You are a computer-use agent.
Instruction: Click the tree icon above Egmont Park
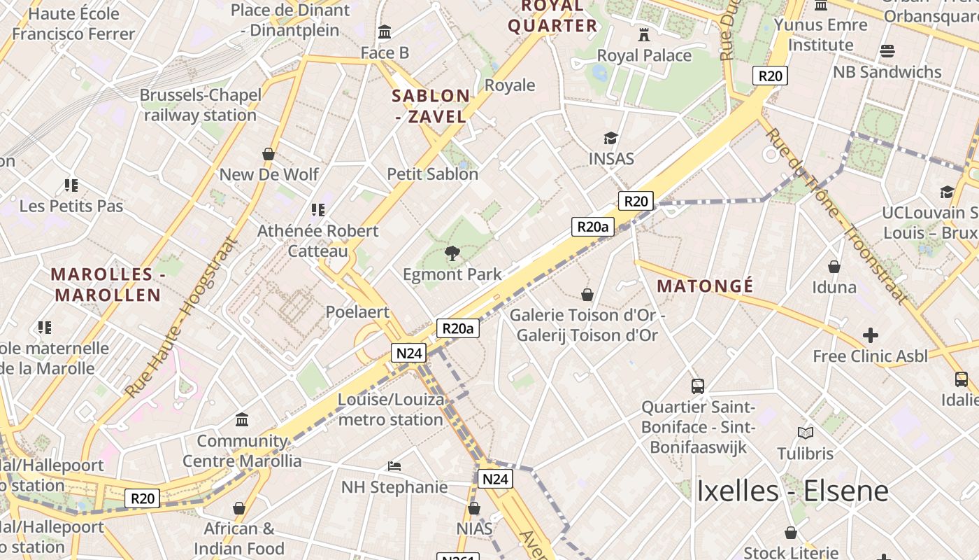(452, 253)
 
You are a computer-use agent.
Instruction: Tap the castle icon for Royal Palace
(644, 34)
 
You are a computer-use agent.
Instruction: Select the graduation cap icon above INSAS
(611, 138)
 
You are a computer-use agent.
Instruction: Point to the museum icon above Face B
(385, 31)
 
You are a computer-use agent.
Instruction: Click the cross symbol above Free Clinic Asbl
(870, 335)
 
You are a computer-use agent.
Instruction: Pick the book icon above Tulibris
(806, 433)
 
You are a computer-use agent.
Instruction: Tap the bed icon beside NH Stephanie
(394, 465)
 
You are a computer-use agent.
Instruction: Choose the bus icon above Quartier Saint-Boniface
(698, 386)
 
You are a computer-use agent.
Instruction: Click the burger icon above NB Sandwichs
(887, 50)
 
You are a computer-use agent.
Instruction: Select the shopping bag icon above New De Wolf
(269, 153)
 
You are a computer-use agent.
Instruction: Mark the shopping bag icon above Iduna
(834, 266)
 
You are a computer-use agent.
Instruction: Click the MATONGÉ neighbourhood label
(705, 286)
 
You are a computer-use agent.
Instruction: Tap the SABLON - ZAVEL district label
(431, 106)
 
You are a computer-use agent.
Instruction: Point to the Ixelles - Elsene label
(792, 491)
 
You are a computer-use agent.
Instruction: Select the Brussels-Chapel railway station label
(201, 105)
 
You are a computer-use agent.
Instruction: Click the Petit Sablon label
(433, 174)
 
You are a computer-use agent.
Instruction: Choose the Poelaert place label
(357, 312)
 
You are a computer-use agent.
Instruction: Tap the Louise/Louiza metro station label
(391, 409)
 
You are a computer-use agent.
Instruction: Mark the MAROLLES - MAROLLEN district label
(108, 284)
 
